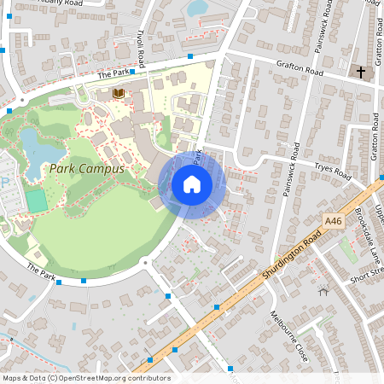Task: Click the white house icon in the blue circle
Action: (192, 183)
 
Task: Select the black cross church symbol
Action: (361, 73)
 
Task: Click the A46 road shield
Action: (333, 221)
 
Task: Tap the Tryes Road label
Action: (332, 171)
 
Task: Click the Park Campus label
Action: (86, 169)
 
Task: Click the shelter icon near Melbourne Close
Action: (323, 291)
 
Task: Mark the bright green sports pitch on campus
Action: (36, 201)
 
